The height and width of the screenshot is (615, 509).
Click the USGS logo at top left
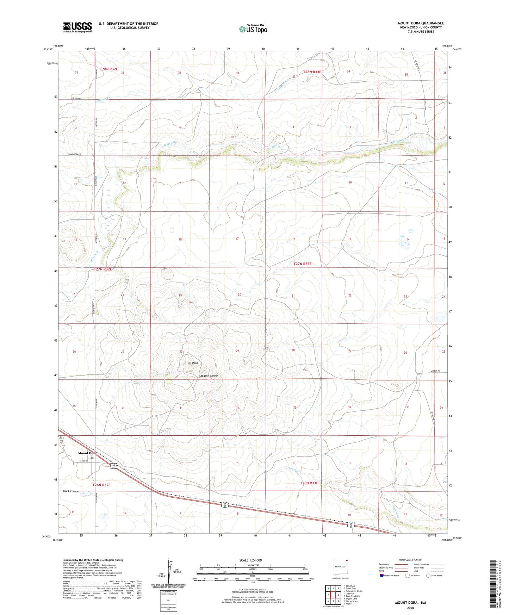pyautogui.click(x=77, y=27)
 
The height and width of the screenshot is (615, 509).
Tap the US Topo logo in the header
pyautogui.click(x=252, y=29)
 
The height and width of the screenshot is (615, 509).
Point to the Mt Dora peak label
pyautogui.click(x=193, y=363)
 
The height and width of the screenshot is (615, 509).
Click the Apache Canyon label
pyautogui.click(x=209, y=376)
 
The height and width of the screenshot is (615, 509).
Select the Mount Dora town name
pyautogui.click(x=87, y=453)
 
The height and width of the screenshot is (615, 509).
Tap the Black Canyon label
pyautogui.click(x=71, y=491)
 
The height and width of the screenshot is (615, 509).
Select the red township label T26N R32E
pyautogui.click(x=101, y=485)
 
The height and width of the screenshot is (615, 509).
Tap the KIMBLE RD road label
pyautogui.click(x=435, y=371)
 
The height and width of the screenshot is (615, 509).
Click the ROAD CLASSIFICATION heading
pyautogui.click(x=411, y=560)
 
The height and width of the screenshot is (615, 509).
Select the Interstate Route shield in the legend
pyautogui.click(x=383, y=576)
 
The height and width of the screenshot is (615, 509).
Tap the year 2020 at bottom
pyautogui.click(x=410, y=607)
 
